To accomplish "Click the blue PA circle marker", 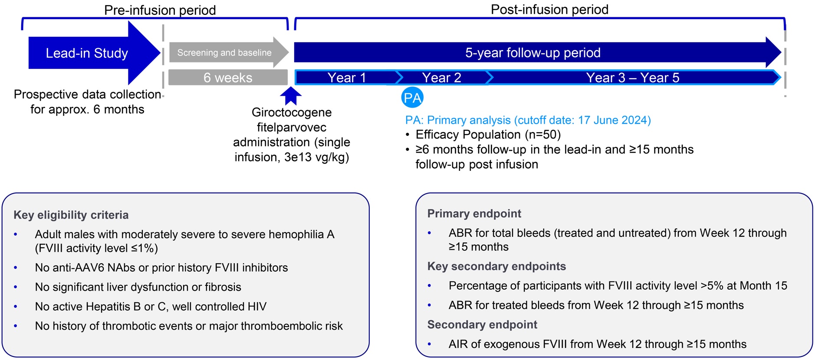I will click(412, 98).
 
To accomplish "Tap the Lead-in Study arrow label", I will click(87, 53).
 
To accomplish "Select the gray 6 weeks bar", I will click(228, 78).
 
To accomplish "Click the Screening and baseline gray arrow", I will click(224, 53).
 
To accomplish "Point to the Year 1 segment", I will click(346, 78).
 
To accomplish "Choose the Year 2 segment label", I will click(441, 78).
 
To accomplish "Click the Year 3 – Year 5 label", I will click(632, 78).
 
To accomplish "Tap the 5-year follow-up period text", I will click(532, 53).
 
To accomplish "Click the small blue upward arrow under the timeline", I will click(291, 95).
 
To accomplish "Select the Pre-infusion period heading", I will click(160, 10).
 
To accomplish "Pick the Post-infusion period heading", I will click(549, 9).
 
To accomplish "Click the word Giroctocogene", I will click(292, 112).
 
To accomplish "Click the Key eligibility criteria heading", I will click(71, 215).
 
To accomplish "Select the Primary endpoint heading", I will click(474, 213).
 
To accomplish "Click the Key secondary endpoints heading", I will click(496, 266).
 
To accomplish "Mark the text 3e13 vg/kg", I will click(316, 157).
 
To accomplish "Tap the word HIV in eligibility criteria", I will click(256, 307).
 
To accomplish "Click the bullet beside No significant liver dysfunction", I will click(16, 287).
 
